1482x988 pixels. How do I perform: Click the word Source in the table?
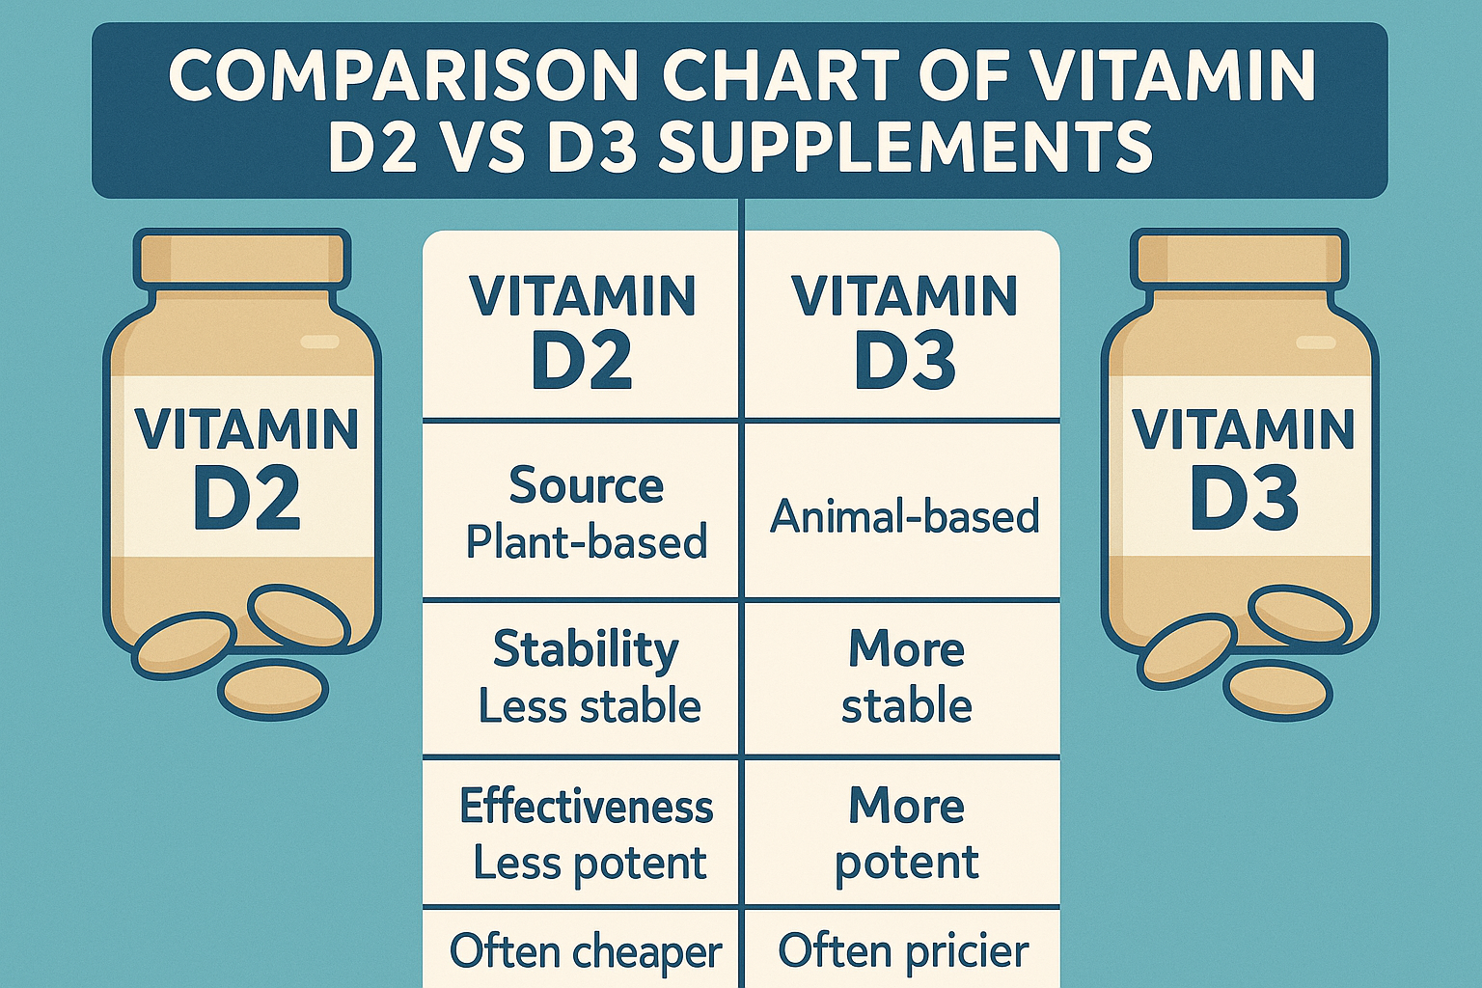pos(586,485)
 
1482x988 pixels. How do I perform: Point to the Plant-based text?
pos(586,542)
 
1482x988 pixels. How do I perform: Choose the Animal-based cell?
pos(904,517)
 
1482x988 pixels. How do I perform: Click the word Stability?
pos(586,649)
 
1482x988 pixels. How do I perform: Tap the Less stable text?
pos(590,706)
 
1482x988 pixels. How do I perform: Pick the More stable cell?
pos(906,677)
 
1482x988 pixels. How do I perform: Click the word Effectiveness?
pos(586,807)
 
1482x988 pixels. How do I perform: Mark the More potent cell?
pos(906,835)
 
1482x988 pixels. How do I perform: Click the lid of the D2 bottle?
pos(242,258)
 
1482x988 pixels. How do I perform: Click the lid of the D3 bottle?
pos(1240,258)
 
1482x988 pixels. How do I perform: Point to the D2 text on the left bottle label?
pos(246,500)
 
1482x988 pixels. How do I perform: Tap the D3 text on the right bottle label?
pos(1244,500)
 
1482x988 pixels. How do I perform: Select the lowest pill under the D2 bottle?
pos(273,689)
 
